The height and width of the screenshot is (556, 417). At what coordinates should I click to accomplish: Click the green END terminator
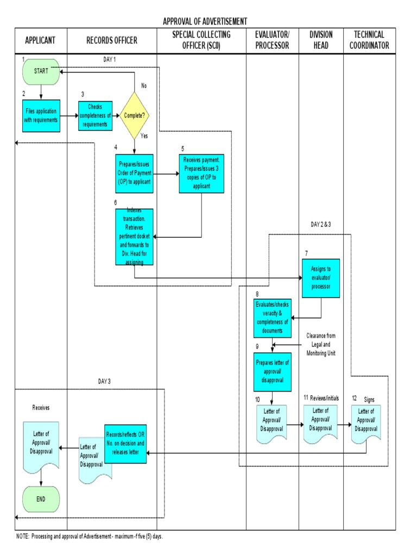(x=41, y=499)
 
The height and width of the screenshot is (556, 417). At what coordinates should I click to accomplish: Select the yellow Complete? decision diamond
(x=135, y=115)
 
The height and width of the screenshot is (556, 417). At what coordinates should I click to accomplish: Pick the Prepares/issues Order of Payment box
(x=134, y=174)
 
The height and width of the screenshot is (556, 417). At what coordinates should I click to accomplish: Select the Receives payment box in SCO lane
(x=202, y=173)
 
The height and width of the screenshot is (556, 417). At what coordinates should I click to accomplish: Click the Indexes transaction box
(x=134, y=237)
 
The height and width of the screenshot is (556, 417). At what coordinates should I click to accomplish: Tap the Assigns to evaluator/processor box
(x=321, y=278)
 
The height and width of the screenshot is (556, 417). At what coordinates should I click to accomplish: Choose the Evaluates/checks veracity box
(x=271, y=318)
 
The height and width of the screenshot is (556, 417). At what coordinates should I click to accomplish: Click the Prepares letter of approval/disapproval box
(x=271, y=371)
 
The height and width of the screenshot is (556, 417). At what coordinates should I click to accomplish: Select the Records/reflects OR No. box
(x=125, y=443)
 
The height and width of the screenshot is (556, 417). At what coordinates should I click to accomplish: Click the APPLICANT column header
(x=41, y=40)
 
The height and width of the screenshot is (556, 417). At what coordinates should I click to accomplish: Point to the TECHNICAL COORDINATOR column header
(x=369, y=40)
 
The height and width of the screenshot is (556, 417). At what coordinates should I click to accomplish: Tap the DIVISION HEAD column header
(x=321, y=40)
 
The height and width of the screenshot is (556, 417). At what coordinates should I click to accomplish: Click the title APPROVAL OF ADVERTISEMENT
(x=205, y=21)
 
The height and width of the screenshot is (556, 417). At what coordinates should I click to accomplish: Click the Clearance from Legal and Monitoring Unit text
(x=321, y=344)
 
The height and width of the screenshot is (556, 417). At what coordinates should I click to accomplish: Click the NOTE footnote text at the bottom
(x=90, y=536)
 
